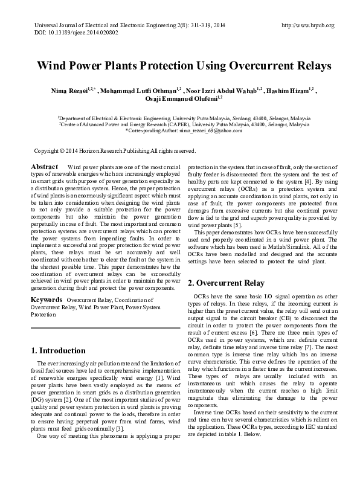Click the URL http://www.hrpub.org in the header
[307, 25]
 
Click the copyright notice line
[114, 150]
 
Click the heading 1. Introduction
[58, 350]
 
